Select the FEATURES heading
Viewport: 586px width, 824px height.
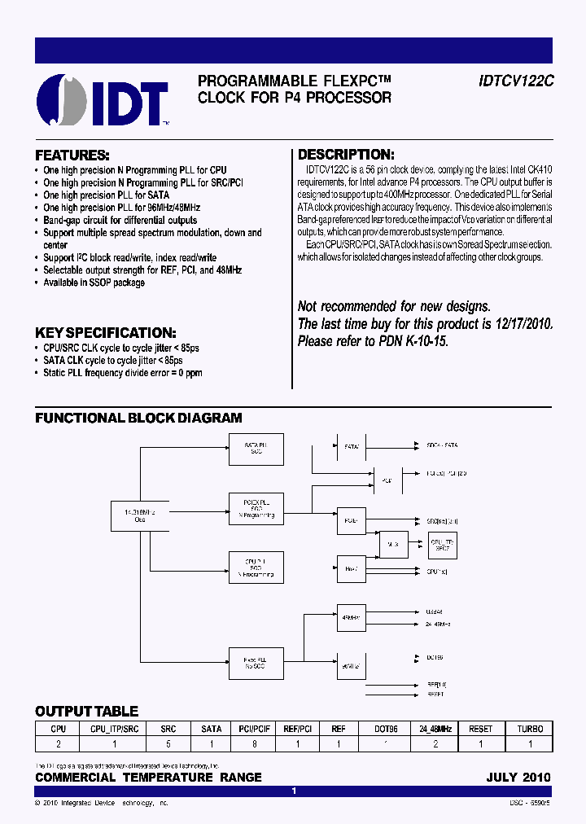click(x=72, y=155)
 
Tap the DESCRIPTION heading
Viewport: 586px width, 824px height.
click(x=346, y=155)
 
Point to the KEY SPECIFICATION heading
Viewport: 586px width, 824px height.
click(x=105, y=333)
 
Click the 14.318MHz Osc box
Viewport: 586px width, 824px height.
click(x=140, y=515)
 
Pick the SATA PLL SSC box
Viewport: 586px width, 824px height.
click(x=256, y=449)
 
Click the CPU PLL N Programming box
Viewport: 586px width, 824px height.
click(x=256, y=567)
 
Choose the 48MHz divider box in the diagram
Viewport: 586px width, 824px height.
click(x=351, y=618)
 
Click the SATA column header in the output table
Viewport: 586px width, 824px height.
click(x=212, y=729)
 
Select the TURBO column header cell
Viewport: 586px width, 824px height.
click(x=530, y=729)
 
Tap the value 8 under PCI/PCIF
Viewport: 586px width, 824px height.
click(x=256, y=744)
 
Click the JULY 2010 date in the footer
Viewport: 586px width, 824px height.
click(x=518, y=777)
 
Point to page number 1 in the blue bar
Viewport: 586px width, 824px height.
click(x=294, y=791)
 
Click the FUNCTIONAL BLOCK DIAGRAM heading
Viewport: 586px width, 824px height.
click(x=138, y=418)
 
